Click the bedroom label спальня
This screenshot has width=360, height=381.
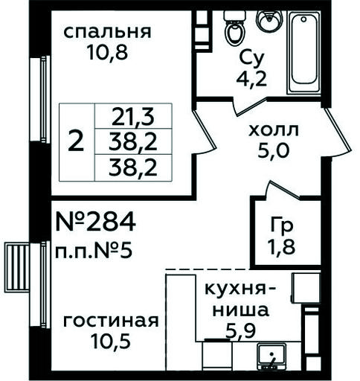[107, 32]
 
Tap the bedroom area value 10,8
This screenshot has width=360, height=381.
[107, 53]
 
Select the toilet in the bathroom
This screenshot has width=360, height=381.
[234, 28]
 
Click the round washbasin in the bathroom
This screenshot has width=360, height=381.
[269, 20]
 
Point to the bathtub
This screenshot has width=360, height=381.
[304, 52]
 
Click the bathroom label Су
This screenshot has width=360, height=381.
[252, 59]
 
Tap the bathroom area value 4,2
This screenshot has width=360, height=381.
[252, 79]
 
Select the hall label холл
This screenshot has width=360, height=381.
[274, 130]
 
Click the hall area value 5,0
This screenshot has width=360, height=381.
[274, 150]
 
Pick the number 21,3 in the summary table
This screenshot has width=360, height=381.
[133, 117]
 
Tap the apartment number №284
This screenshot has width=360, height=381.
[96, 222]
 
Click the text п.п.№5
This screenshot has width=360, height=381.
[94, 251]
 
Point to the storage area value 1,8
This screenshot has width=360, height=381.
[281, 247]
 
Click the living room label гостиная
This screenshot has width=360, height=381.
[111, 321]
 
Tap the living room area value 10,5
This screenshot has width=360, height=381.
[110, 341]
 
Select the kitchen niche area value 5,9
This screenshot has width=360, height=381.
[240, 331]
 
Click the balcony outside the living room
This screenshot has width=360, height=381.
[17, 267]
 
